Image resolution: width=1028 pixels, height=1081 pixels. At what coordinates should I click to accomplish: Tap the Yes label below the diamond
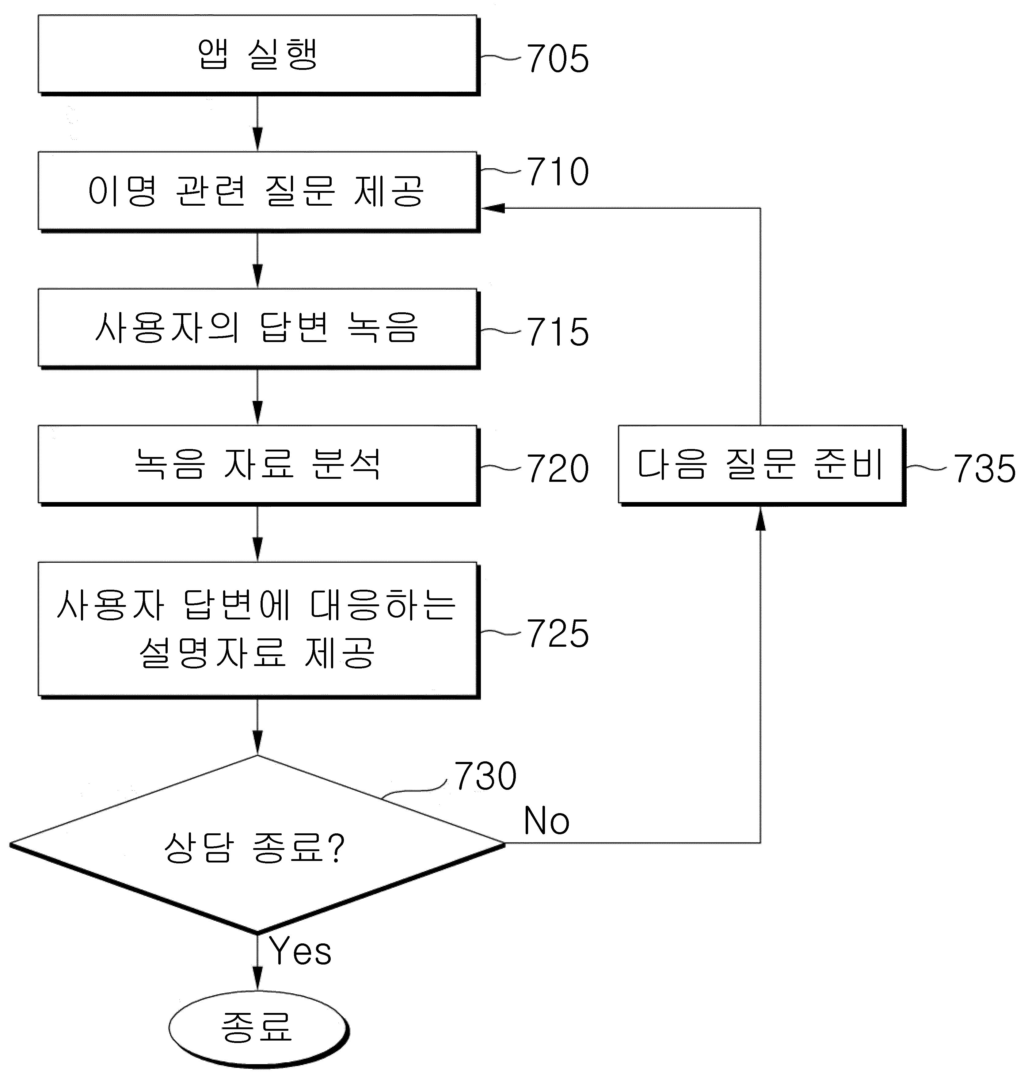tap(300, 951)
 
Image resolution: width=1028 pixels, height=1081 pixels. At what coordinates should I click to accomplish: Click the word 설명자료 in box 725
tap(213, 653)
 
